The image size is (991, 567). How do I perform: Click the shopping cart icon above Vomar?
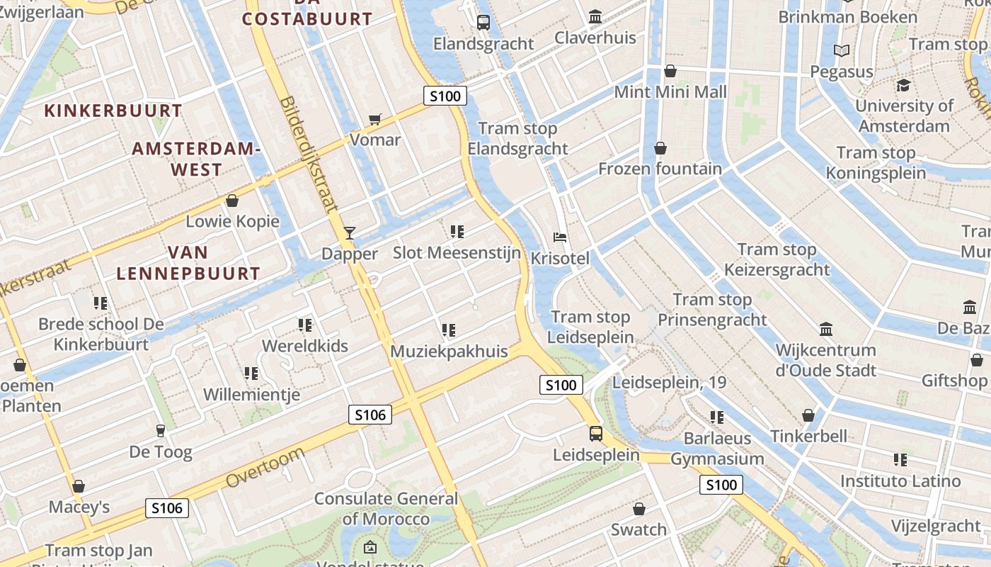click(375, 119)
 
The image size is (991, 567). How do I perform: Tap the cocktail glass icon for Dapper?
click(349, 232)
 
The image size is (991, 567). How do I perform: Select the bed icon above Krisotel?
click(560, 237)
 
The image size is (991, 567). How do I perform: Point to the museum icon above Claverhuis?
click(595, 16)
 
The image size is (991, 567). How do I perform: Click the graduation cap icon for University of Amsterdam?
click(903, 85)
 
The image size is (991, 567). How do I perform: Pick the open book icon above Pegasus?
click(842, 50)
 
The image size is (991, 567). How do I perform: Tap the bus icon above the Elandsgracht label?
click(483, 22)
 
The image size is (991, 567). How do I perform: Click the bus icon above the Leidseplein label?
click(596, 433)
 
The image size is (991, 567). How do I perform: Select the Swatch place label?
click(638, 529)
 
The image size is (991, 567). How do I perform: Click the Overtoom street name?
click(265, 467)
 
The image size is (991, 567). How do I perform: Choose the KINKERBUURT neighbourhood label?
click(113, 111)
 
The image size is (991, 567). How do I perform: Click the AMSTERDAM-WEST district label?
click(196, 159)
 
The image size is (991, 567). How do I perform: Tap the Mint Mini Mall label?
click(670, 92)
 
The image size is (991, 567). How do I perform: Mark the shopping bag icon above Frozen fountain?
click(660, 147)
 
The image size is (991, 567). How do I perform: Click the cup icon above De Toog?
click(160, 430)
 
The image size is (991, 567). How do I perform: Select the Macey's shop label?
click(79, 507)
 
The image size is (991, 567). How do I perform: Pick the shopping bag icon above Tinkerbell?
click(808, 415)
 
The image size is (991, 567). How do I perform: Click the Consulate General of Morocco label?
click(386, 508)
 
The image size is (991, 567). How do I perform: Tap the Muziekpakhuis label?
click(449, 351)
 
